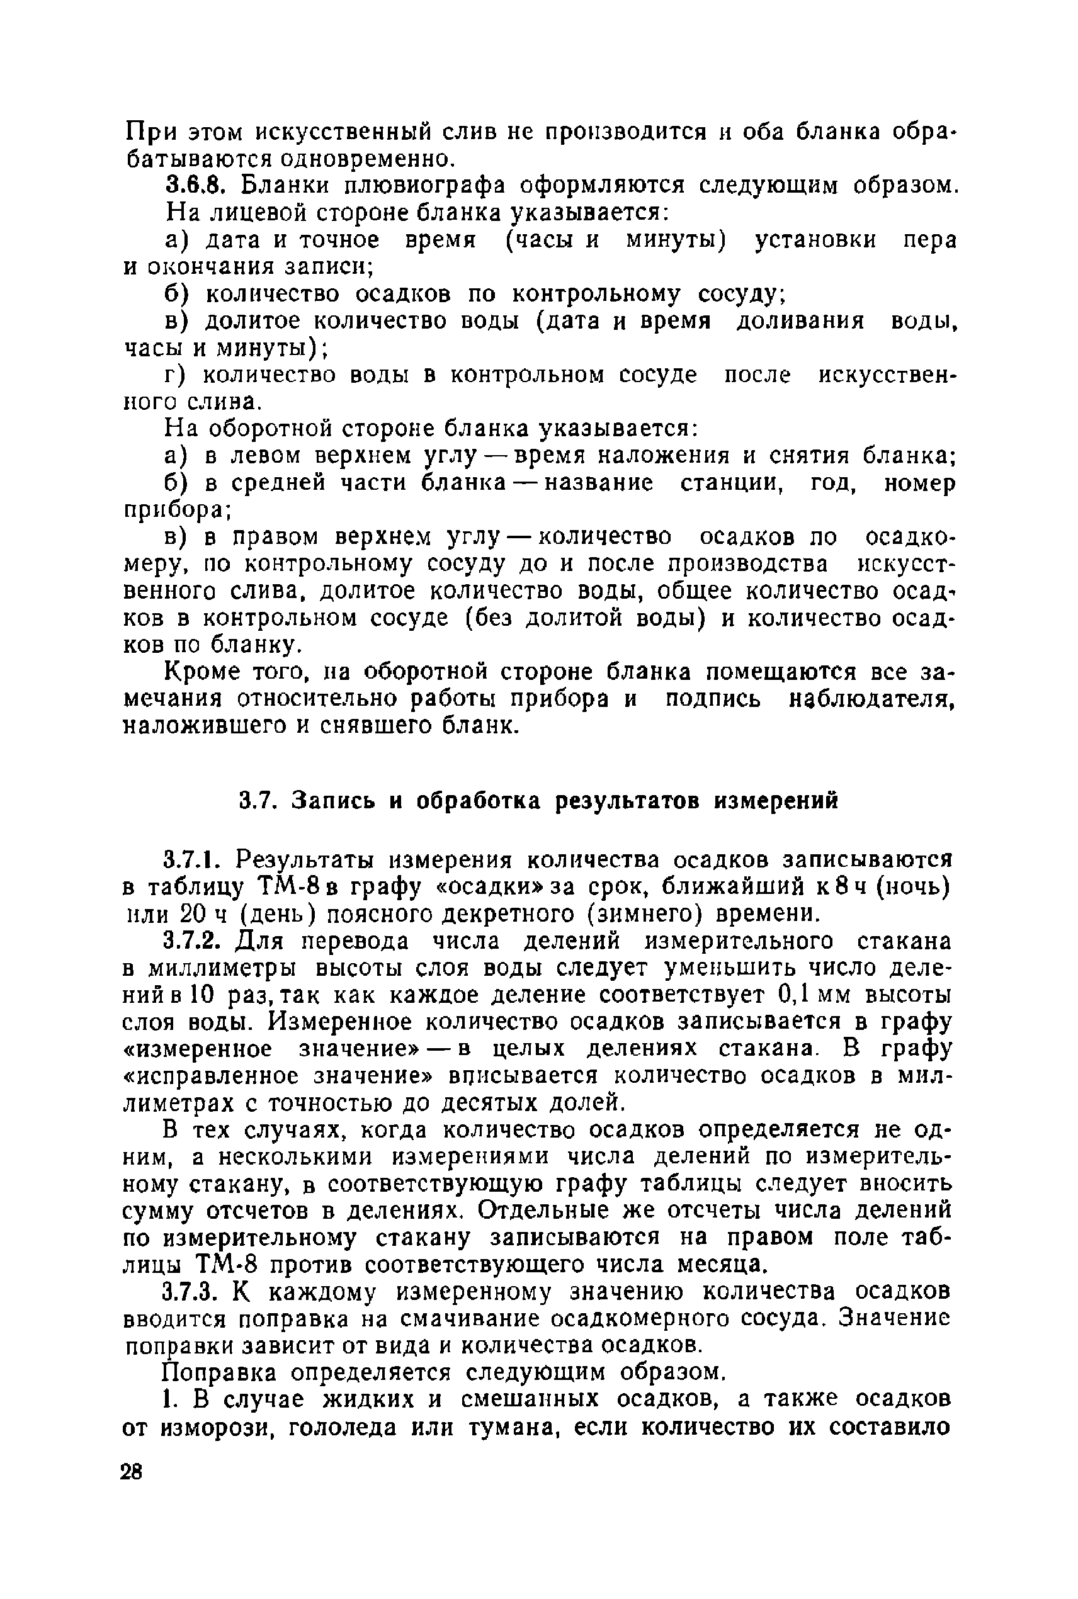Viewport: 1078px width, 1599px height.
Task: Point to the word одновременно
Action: click(x=368, y=159)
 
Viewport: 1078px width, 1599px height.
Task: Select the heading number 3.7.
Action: click(x=258, y=801)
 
